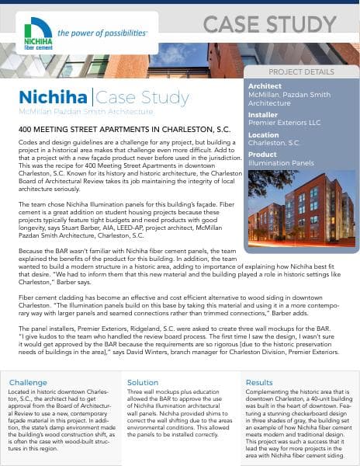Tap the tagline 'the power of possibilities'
[x=102, y=33]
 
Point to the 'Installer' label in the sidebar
[x=262, y=113]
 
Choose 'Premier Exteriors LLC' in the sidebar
[x=285, y=122]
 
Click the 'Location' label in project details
[x=264, y=134]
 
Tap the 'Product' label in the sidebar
[x=262, y=155]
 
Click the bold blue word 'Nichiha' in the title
[x=53, y=99]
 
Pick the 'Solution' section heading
[x=143, y=382]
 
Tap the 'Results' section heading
[x=260, y=382]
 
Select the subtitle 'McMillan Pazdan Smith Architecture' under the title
[x=74, y=113]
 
